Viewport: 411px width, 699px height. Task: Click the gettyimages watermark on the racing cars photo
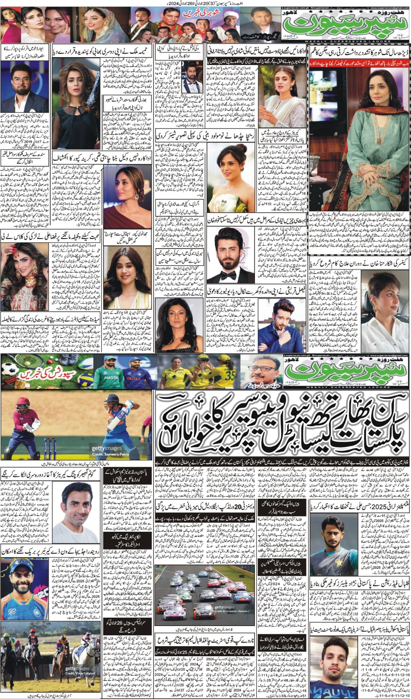[224, 607]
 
